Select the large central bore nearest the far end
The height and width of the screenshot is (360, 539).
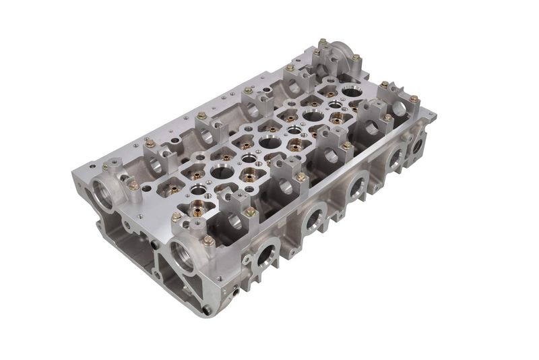click(x=351, y=90)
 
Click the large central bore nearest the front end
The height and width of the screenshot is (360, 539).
click(x=222, y=171)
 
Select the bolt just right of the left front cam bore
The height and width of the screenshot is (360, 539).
click(x=133, y=184)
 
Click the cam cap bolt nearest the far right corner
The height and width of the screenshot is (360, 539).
click(x=414, y=99)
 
